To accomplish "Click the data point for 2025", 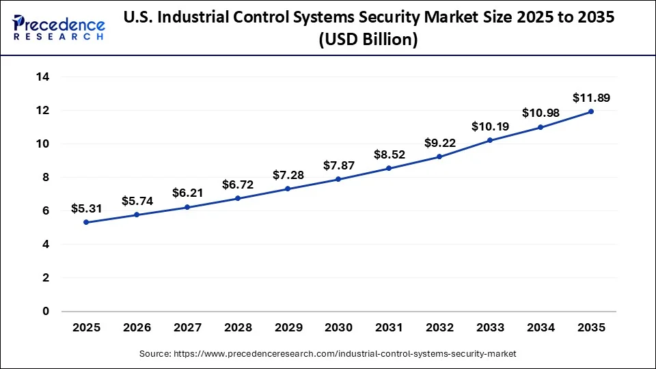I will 87,222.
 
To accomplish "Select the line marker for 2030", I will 339,179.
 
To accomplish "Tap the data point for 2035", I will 591,111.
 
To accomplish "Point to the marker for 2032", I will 439,156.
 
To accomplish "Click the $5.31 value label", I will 87,208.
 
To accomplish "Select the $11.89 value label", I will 591,98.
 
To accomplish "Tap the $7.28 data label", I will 289,176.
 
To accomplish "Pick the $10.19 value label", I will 490,126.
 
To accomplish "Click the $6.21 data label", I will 188,193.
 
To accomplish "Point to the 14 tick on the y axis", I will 42,77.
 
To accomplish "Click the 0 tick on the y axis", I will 46,312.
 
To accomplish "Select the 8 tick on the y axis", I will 46,178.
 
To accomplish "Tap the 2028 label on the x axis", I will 238,328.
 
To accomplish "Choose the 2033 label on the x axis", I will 490,328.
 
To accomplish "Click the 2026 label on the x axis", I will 137,328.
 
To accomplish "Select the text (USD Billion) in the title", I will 368,40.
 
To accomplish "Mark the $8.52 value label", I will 389,154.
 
